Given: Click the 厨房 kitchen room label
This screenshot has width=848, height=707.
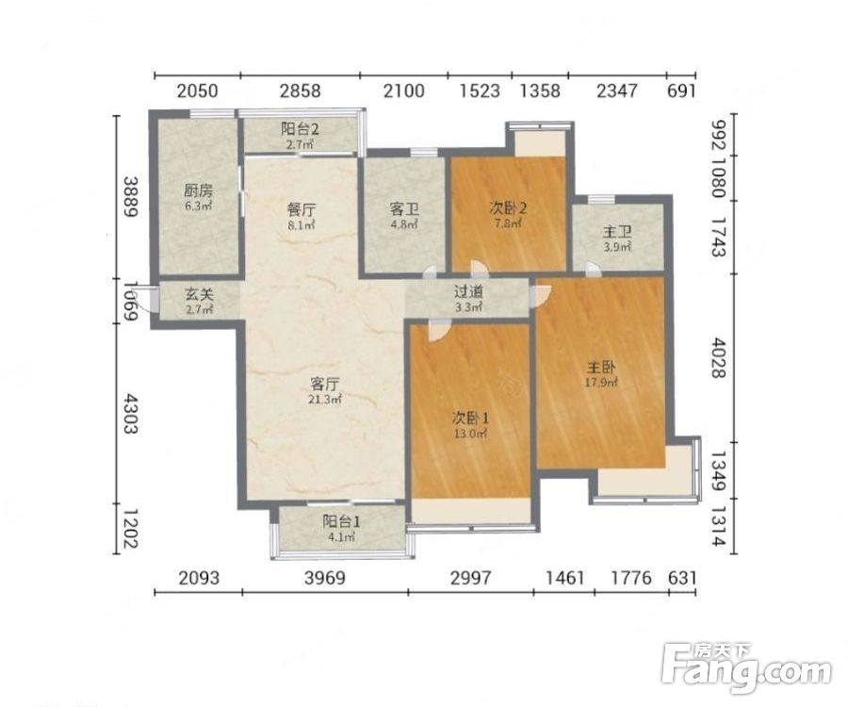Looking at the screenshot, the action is coord(199,190).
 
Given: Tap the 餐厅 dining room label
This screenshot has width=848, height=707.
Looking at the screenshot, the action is coord(302,210).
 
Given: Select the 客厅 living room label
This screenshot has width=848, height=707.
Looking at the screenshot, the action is coord(325,384).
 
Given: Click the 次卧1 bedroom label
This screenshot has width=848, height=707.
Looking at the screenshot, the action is coord(470,418).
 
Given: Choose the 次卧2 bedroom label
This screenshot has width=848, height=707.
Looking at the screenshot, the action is coord(509,207).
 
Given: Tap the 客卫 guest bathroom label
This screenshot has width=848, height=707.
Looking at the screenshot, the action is coord(404,209).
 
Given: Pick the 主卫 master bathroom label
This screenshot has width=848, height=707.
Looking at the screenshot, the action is coord(617,233).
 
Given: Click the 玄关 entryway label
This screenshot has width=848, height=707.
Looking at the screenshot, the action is coord(200,294).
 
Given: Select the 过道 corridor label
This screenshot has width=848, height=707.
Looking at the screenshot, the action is coord(468,292).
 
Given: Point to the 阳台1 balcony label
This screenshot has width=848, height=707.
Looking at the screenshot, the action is coord(342,521).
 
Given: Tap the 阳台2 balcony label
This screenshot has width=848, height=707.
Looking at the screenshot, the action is coord(301,129).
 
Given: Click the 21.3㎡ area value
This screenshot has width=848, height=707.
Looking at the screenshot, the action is coord(325,400).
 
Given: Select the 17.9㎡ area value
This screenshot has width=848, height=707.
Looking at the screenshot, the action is coord(601,383).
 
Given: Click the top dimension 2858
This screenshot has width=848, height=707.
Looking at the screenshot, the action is coord(301,90).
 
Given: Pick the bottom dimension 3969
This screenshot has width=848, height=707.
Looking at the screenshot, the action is coord(324,578).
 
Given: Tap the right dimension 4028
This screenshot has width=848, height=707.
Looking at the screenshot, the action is coord(718,357).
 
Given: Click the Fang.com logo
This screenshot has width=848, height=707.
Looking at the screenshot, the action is coord(747,668).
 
